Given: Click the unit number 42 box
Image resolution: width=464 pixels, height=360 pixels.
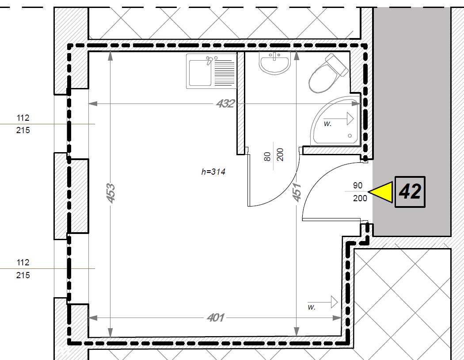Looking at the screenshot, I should pos(410,192).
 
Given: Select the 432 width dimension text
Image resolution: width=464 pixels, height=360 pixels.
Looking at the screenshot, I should pos(225,103).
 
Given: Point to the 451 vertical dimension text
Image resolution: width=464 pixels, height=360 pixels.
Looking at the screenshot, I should pos(297,192).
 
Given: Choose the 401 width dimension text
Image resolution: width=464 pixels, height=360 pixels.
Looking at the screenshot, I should pos(216,318).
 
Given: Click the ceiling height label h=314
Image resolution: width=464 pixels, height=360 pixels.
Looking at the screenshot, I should pos(213,172).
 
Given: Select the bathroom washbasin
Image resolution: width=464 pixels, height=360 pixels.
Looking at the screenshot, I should pos(274,63).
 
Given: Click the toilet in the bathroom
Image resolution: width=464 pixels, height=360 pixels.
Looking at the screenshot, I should pos(327,74).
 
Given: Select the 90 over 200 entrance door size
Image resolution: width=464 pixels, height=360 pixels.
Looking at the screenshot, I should pos(360,192).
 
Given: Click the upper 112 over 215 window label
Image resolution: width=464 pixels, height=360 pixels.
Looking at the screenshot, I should pos(23,124).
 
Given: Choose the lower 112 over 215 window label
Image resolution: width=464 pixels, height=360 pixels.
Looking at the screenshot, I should pos(23,269).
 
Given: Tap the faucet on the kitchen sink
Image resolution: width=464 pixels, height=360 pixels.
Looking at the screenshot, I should pos(209,60).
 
